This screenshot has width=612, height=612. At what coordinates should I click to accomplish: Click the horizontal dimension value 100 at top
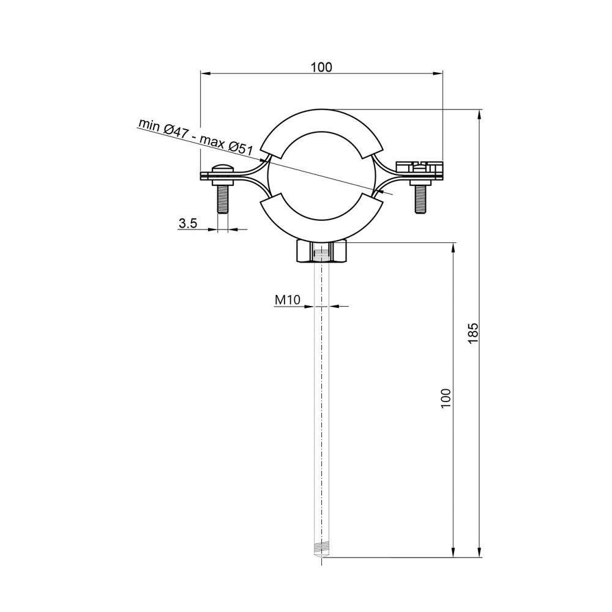[321, 67]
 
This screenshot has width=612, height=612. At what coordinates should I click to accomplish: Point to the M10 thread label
[286, 300]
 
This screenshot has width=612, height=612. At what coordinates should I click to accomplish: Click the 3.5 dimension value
[187, 224]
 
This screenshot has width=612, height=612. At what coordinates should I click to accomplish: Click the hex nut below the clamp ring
[322, 251]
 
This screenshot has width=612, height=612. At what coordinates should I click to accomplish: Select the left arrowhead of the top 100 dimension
[204, 74]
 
